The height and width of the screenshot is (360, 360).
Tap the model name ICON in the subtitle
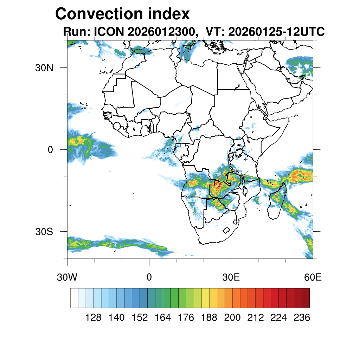click(x=109, y=32)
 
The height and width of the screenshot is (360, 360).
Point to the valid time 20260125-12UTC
click(x=276, y=32)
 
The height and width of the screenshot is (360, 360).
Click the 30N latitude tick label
click(x=44, y=67)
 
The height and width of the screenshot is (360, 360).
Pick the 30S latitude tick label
click(x=44, y=232)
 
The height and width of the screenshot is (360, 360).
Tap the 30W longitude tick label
click(x=67, y=277)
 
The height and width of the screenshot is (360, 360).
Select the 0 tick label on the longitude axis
click(x=149, y=277)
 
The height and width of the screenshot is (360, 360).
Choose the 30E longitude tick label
click(x=231, y=277)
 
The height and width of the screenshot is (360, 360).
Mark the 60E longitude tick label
click(x=313, y=277)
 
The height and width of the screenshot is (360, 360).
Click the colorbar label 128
click(x=94, y=318)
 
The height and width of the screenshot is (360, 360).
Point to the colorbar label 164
click(x=163, y=318)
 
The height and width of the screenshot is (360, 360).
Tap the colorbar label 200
click(x=232, y=318)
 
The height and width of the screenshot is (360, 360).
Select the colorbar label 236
click(x=302, y=318)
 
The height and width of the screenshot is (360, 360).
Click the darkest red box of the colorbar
click(x=306, y=298)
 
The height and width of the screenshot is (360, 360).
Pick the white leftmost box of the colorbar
click(x=74, y=298)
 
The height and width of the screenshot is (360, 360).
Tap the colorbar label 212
click(x=255, y=318)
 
